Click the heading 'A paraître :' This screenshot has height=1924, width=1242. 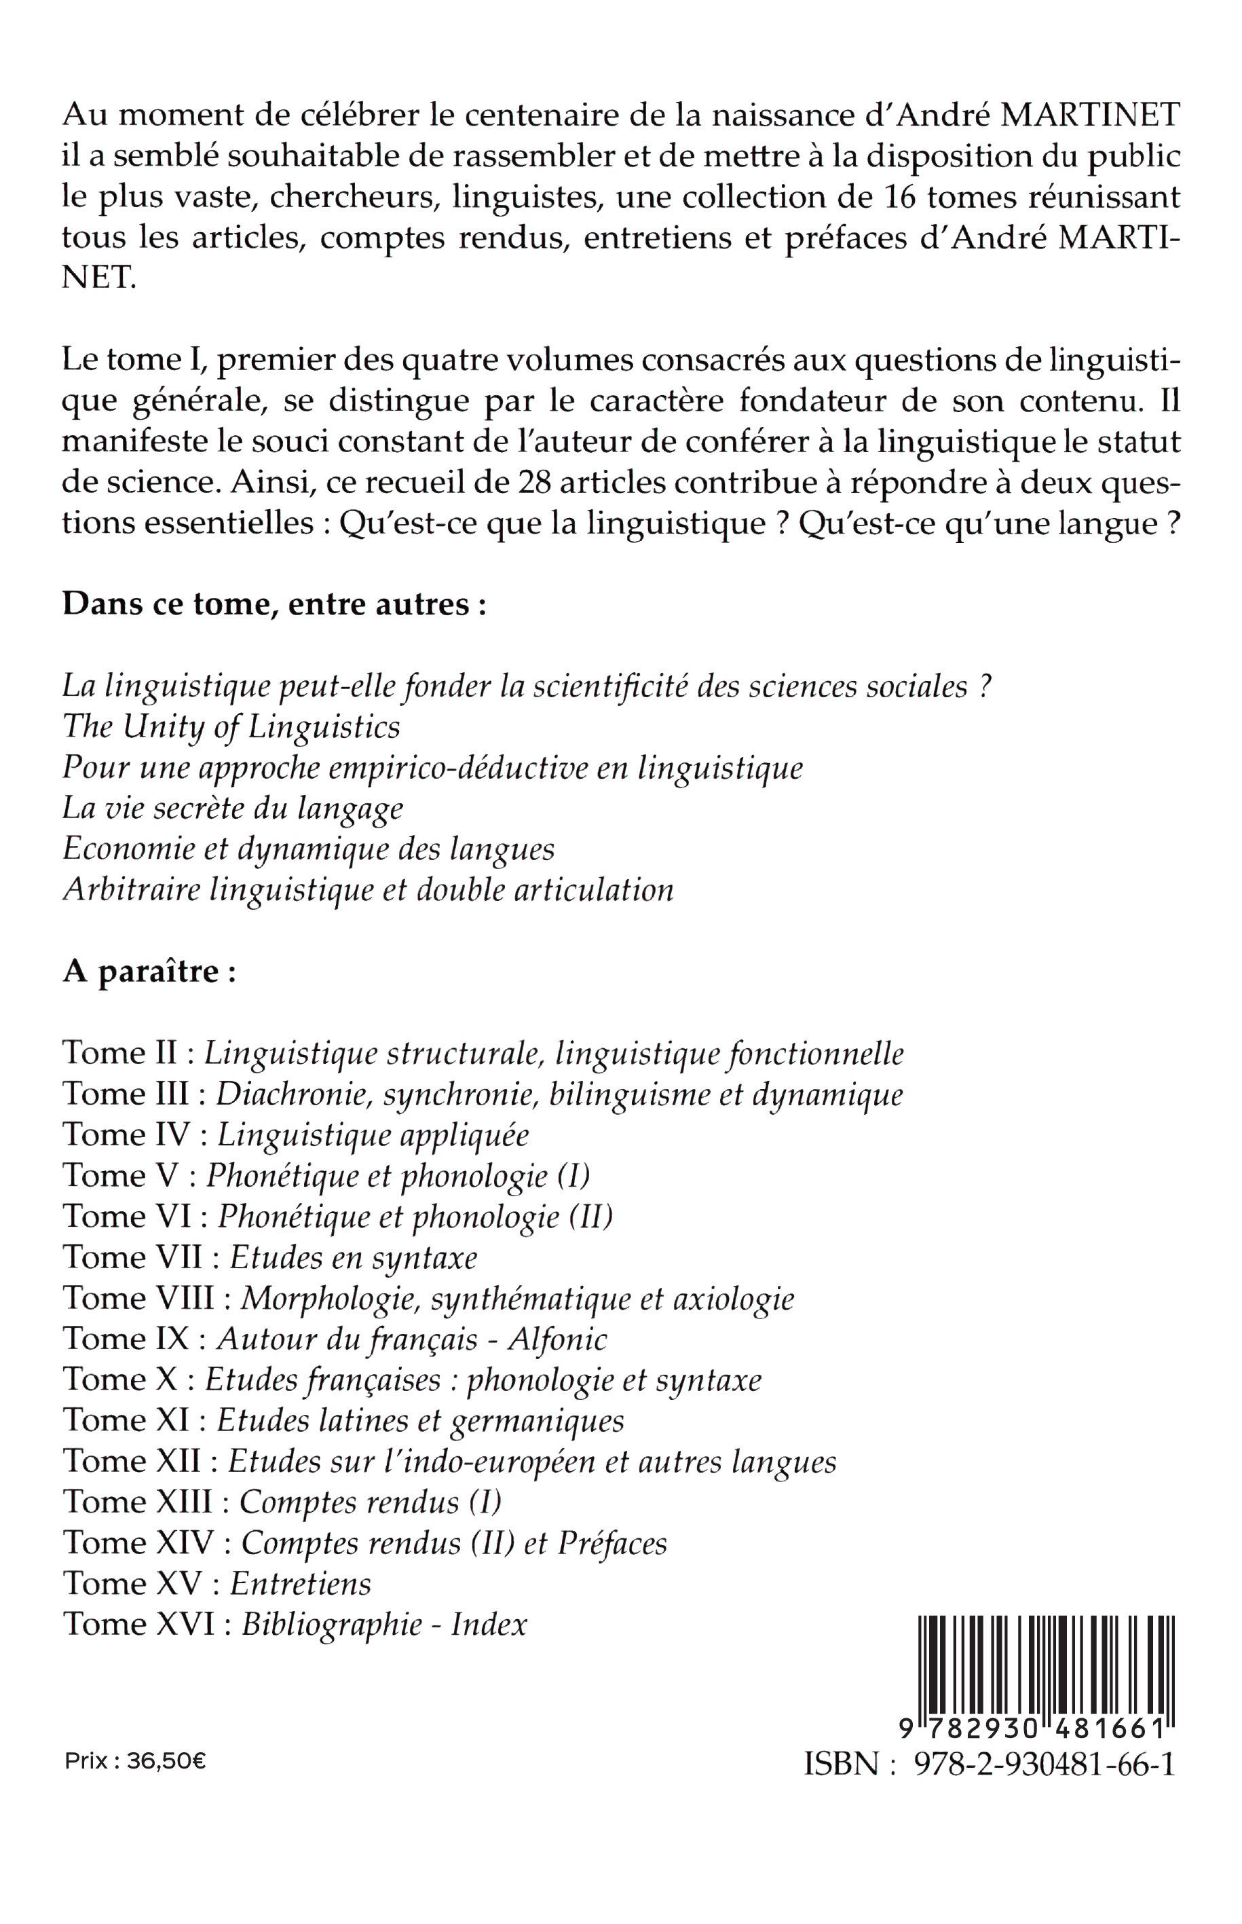(x=149, y=972)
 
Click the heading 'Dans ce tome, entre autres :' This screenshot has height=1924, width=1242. (x=274, y=604)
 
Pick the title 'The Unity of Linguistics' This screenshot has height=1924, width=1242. (x=231, y=727)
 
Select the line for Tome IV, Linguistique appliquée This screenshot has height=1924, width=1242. (x=295, y=1135)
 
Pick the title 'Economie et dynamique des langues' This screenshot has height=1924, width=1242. (x=308, y=849)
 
